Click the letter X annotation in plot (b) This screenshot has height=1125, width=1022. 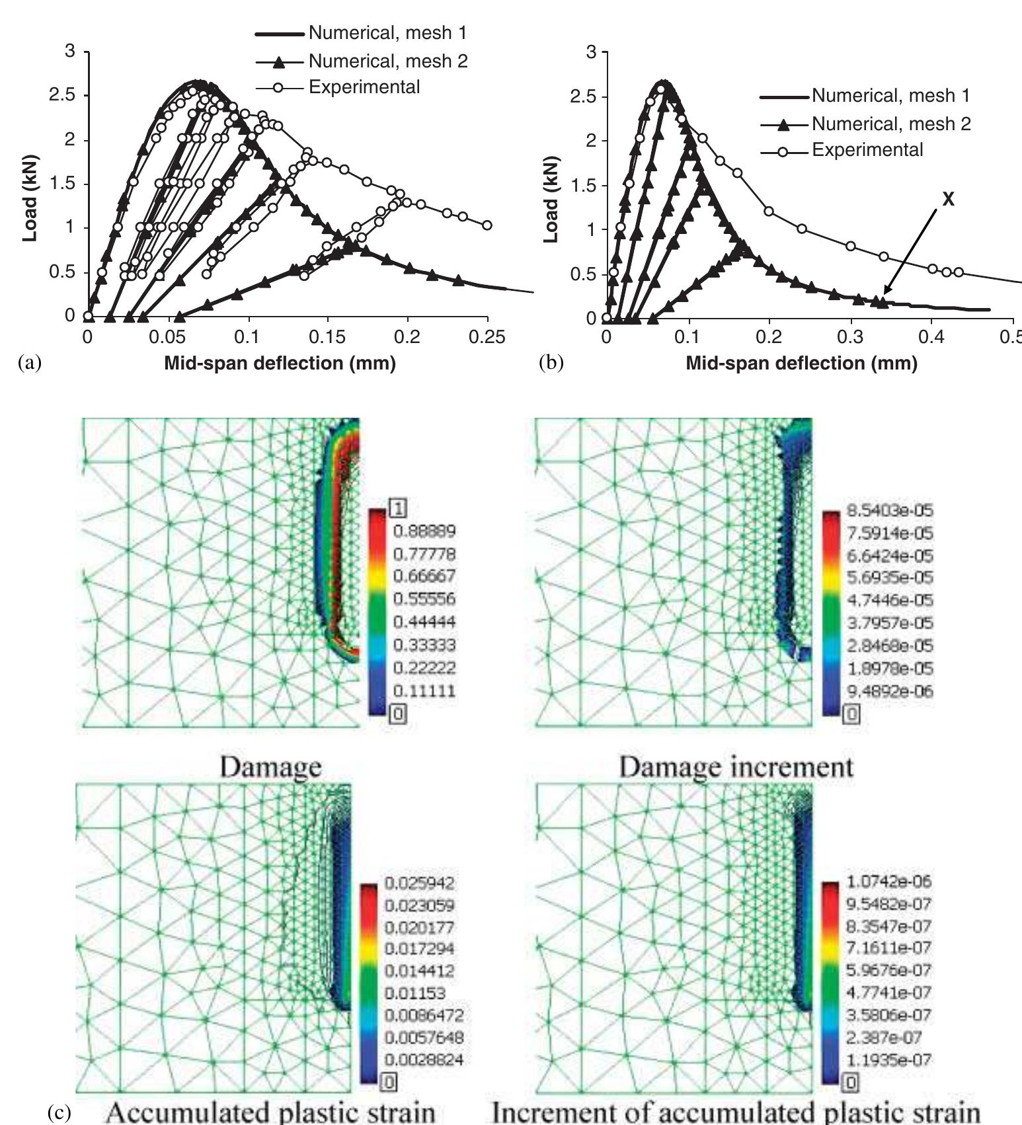(x=948, y=200)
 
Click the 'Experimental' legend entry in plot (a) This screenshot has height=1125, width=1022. (x=364, y=87)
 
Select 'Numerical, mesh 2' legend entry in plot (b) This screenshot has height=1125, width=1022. (x=890, y=124)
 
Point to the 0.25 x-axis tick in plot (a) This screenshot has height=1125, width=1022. (x=487, y=337)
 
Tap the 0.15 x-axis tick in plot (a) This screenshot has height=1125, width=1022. (x=327, y=337)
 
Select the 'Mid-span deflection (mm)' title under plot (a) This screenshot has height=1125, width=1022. (x=280, y=363)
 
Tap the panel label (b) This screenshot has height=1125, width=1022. (x=551, y=363)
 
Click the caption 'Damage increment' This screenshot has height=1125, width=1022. (x=736, y=767)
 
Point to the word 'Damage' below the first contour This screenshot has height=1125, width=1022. (x=270, y=767)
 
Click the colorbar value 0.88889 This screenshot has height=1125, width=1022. (x=424, y=531)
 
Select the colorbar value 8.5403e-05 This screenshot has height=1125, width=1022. (x=890, y=511)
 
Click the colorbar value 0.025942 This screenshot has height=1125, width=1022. (x=418, y=883)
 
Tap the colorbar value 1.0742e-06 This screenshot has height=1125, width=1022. (x=888, y=881)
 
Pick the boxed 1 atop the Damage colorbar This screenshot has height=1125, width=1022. (x=399, y=508)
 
